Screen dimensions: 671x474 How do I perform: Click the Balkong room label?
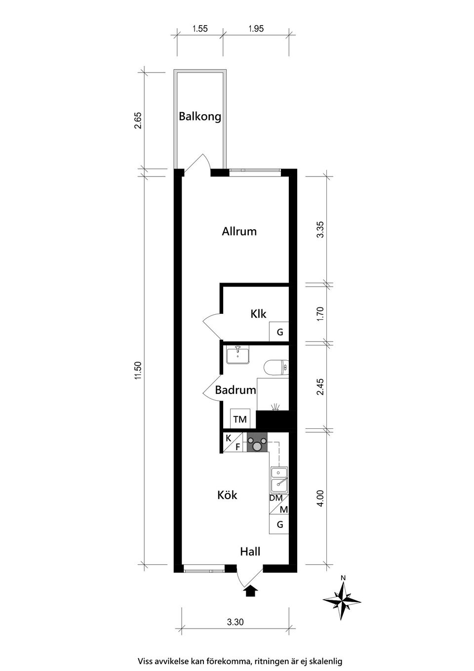[200, 117]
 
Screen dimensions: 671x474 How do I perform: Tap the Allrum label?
[239, 231]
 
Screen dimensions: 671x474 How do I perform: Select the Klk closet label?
[258, 314]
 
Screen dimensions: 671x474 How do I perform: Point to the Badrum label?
[236, 390]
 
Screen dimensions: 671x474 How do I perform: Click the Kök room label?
[227, 495]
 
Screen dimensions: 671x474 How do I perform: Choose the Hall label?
[250, 551]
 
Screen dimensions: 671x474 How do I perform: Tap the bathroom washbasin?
[238, 355]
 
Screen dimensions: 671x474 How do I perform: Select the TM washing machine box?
[240, 419]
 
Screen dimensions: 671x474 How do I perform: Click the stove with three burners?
[257, 443]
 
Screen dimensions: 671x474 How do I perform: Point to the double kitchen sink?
[279, 479]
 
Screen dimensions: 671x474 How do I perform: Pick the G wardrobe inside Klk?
[279, 332]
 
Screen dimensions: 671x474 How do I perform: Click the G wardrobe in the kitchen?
[279, 524]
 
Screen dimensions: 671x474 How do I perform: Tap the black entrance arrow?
[251, 590]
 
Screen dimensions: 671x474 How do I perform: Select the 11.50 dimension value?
[138, 371]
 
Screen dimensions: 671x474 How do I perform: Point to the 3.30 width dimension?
[235, 622]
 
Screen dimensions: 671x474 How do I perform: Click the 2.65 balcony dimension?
[138, 121]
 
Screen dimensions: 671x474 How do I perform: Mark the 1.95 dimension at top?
[256, 29]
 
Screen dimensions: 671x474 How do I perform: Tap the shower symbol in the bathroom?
[276, 407]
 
